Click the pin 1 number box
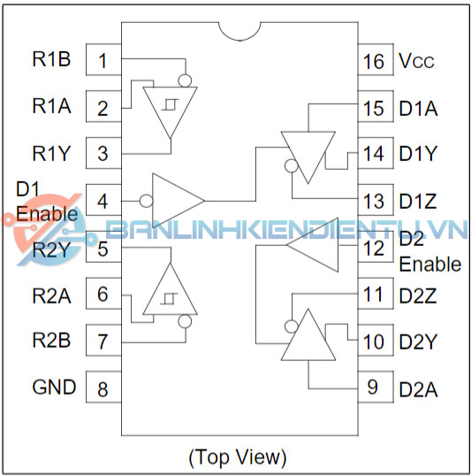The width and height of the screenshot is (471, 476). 103,59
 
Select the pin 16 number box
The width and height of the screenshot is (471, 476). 376,59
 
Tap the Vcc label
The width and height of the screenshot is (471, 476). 416,61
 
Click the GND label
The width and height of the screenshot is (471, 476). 54,387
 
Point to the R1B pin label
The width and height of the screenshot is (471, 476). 51,59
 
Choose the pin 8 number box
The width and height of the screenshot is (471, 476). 103,387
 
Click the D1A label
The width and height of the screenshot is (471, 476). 418,108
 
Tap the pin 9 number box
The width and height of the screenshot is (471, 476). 376,387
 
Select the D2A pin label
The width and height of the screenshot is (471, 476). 418,389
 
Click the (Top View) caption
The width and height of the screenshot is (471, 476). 238,457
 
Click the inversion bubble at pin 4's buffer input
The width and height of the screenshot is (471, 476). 146,201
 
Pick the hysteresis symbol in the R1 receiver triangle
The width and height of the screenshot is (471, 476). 170,104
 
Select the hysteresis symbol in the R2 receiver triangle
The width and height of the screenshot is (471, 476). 170,299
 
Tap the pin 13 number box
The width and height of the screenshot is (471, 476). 376,200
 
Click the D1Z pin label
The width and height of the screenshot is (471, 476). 418,201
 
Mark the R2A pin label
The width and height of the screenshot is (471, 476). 51,296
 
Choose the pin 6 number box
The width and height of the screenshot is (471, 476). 103,293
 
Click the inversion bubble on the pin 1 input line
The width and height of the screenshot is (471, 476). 185,81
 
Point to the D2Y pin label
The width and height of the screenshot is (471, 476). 418,342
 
